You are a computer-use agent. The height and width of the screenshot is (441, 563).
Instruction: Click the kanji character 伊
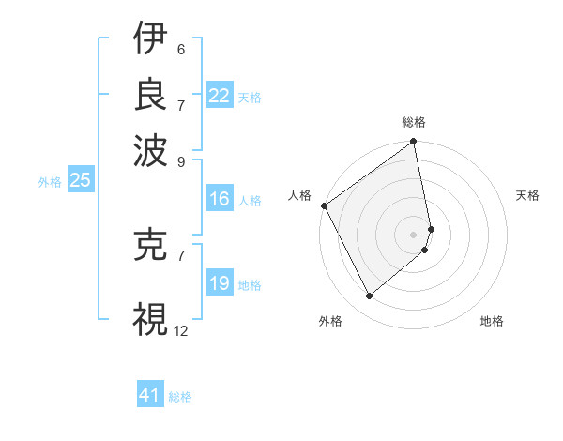coord(150,40)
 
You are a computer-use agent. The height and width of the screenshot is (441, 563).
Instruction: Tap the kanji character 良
coord(150,94)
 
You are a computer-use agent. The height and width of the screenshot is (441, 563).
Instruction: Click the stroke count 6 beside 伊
coord(181,49)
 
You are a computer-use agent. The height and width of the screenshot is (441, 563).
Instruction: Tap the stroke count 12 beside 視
coord(181,330)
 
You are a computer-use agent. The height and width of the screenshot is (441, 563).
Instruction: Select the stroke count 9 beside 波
coord(181,160)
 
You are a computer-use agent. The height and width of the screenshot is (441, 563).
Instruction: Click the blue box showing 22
coord(219,96)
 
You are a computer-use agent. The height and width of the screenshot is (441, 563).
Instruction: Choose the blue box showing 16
coord(219,199)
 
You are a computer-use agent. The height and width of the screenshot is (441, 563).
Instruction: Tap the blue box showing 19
coord(219,283)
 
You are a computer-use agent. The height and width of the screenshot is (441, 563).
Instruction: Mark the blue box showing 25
coord(80,180)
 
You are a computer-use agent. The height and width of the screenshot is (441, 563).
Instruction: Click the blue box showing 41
coord(150,395)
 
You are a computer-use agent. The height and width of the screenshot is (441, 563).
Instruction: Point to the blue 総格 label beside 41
coord(180,397)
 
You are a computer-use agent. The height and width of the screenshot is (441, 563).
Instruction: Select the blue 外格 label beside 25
coord(50,182)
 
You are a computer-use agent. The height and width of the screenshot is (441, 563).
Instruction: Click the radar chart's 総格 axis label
coord(414,122)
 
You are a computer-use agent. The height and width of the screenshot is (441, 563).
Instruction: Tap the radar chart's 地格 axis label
coord(492,321)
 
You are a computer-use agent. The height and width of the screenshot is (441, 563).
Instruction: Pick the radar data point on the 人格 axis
coord(324,205)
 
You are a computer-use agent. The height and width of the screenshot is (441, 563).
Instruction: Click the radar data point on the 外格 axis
coord(369,297)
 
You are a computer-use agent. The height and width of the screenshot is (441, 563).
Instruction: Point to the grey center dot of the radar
coord(414,234)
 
